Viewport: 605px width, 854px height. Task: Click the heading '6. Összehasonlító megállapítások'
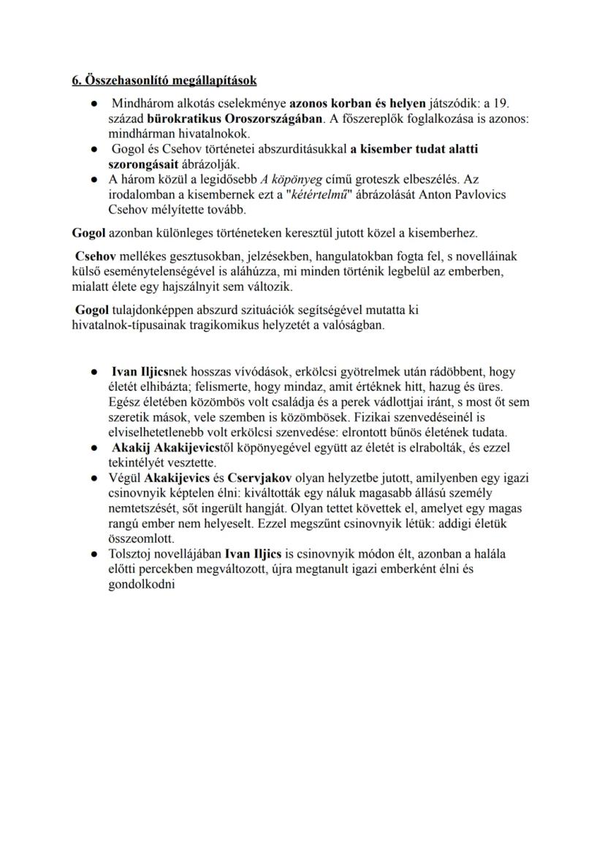click(x=159, y=79)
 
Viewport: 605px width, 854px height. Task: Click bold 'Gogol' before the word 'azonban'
click(x=79, y=233)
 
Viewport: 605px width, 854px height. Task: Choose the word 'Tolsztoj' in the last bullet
click(x=132, y=554)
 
